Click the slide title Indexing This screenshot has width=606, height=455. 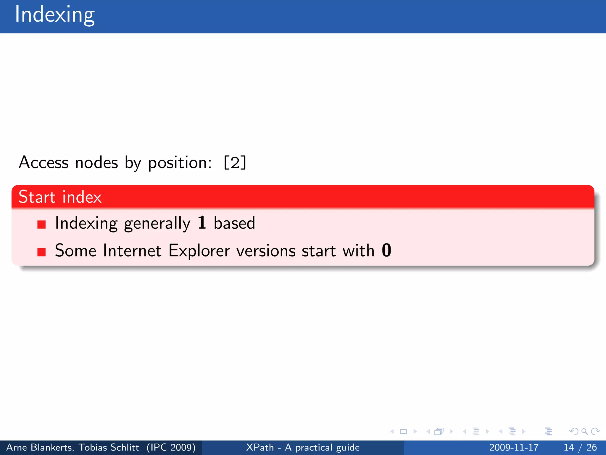click(x=55, y=15)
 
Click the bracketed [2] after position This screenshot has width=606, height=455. click(x=235, y=162)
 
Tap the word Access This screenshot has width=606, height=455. click(x=43, y=162)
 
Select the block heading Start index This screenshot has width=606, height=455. click(x=60, y=197)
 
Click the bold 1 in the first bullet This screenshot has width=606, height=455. click(x=202, y=223)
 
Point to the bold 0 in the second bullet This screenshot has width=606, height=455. click(x=386, y=250)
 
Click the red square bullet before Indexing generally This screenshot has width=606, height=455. click(x=41, y=225)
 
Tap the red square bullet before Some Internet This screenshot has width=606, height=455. click(x=41, y=252)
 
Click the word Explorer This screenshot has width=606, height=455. click(x=199, y=251)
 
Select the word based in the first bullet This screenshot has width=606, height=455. click(x=234, y=223)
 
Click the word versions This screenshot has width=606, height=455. click(x=266, y=251)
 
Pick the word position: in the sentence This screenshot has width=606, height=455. click(x=180, y=163)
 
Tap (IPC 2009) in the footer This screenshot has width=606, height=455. click(x=171, y=447)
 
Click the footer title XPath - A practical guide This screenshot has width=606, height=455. click(x=303, y=447)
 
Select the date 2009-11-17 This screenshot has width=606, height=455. click(x=514, y=447)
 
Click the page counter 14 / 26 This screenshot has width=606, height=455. click(x=580, y=447)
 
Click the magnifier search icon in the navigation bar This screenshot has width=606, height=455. click(x=584, y=431)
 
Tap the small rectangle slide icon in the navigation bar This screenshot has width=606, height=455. click(x=403, y=431)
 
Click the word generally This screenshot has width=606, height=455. click(x=157, y=223)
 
